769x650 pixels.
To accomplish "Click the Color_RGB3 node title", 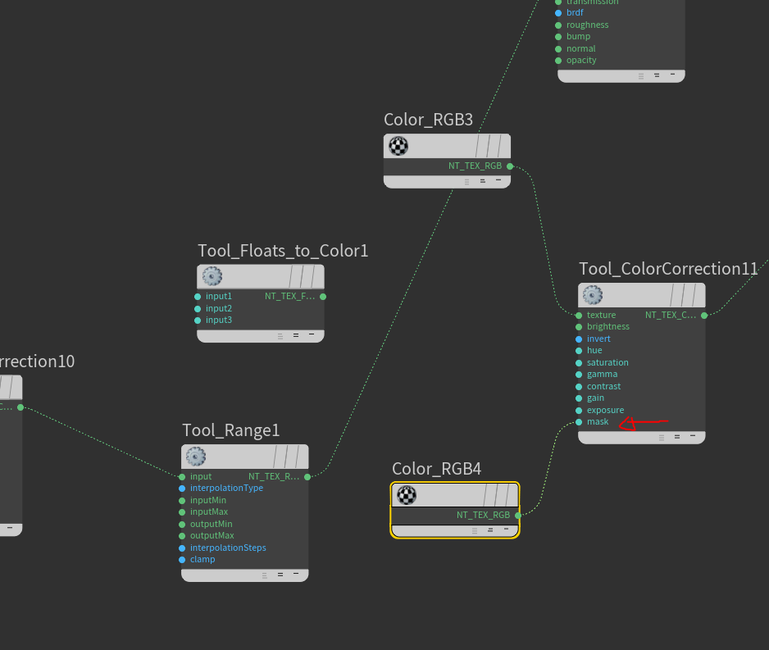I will [428, 120].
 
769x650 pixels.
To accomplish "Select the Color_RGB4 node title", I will [436, 469].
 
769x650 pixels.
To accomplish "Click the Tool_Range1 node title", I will [230, 430].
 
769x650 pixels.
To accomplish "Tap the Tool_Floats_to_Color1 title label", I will [283, 251].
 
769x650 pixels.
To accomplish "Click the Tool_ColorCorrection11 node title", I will [668, 269].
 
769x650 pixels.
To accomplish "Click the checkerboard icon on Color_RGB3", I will [398, 146].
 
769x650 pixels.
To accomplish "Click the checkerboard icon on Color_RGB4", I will [407, 495].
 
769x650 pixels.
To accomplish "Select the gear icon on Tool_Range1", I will [196, 457].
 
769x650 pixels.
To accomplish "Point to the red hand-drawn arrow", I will [643, 423].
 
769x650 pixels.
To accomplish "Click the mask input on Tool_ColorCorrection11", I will [597, 422].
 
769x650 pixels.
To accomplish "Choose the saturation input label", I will [607, 362].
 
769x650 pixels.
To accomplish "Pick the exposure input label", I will [605, 410].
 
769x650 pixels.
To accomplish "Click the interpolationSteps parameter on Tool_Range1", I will [228, 548].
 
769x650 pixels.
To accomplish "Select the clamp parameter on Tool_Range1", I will [202, 560].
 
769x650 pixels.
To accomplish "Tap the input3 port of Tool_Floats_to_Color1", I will [198, 320].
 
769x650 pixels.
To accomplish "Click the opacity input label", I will [581, 61].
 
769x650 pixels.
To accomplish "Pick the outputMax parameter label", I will [212, 536].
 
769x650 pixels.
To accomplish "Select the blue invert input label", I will [598, 339].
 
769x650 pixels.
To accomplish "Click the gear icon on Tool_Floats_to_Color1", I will [212, 276].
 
